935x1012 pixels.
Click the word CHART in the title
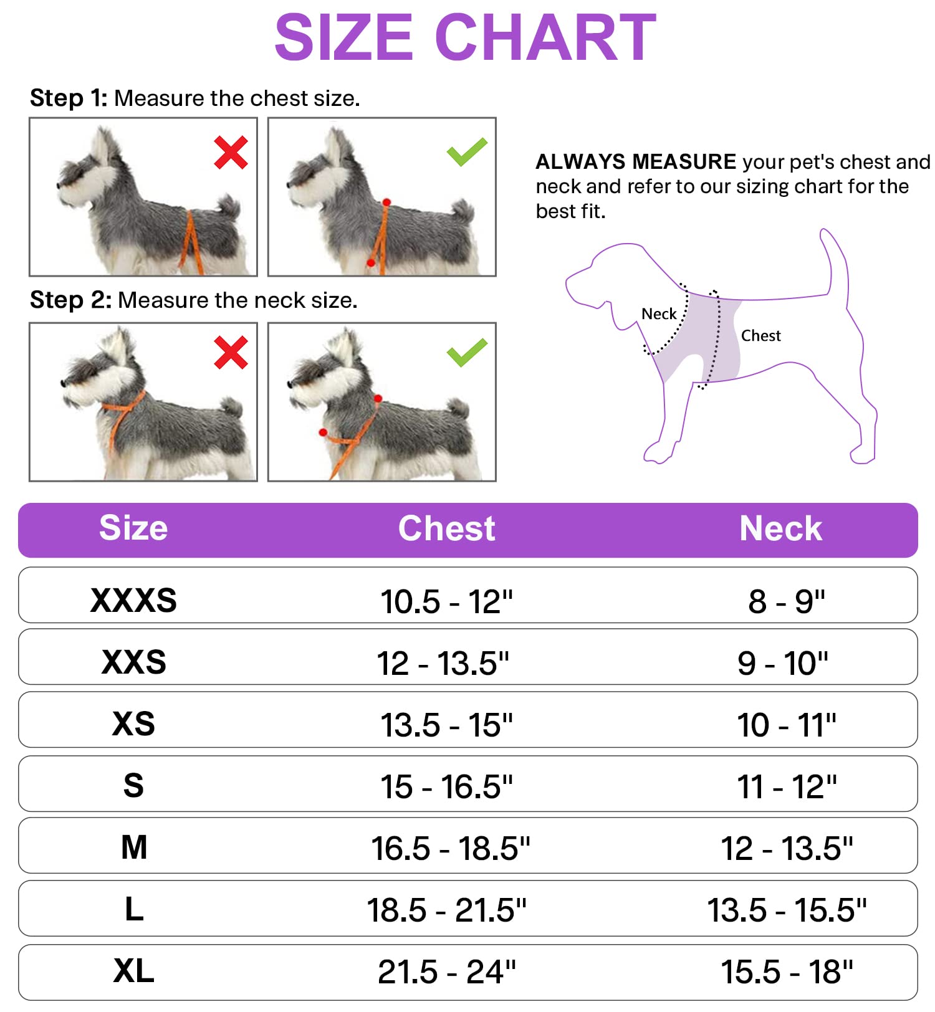(545, 39)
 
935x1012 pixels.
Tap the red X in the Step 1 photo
(231, 153)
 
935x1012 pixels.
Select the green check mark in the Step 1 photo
(467, 151)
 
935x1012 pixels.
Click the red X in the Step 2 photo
(231, 353)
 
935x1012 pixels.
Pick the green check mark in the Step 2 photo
(467, 352)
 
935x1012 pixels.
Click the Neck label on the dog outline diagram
(659, 314)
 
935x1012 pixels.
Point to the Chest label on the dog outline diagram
(760, 336)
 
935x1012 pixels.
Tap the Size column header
(133, 528)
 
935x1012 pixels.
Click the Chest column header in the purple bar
(446, 529)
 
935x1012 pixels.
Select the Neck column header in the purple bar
(780, 529)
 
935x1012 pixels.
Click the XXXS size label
(133, 601)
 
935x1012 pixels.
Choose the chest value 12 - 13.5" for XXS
(443, 663)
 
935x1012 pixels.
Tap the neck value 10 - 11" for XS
(787, 725)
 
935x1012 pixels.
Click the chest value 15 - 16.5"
(446, 787)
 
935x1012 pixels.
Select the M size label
(134, 847)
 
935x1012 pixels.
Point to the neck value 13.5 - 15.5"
(787, 910)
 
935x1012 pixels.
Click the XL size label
(133, 971)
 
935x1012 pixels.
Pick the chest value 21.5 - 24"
(446, 972)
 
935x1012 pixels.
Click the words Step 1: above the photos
(69, 98)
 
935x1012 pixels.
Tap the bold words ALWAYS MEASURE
(636, 162)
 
